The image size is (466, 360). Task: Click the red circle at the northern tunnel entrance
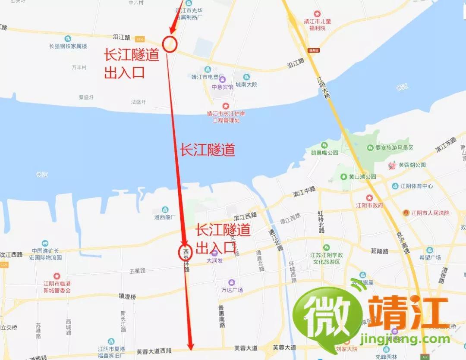point(170,44)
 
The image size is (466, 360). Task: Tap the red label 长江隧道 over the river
point(207,150)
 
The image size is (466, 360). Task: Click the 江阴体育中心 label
point(416,186)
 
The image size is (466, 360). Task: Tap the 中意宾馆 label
point(222,86)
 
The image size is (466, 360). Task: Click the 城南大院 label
point(246,85)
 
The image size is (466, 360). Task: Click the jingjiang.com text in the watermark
point(407,339)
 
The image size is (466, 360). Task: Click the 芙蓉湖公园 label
point(412,165)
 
